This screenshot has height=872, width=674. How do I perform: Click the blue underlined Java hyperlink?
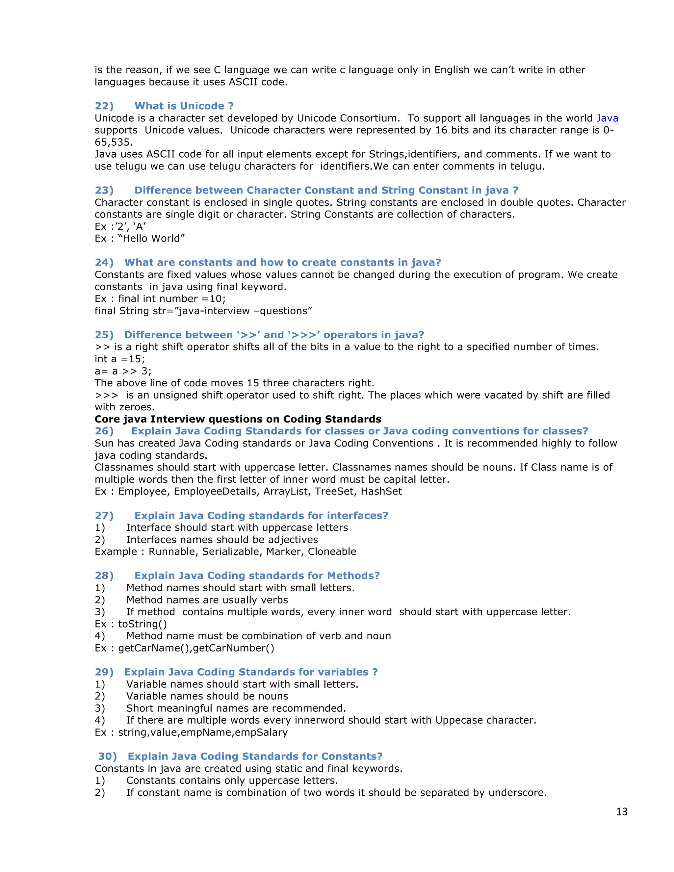607,118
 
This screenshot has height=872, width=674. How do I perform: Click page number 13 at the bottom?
622,812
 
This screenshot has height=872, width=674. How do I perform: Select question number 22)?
104,106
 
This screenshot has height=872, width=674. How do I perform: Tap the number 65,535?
114,142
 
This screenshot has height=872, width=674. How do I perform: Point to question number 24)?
104,262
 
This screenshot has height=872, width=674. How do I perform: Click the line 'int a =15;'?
120,359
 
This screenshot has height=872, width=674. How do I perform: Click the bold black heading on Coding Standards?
238,419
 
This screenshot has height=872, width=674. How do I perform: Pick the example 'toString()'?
142,624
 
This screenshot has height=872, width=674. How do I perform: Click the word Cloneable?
332,551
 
